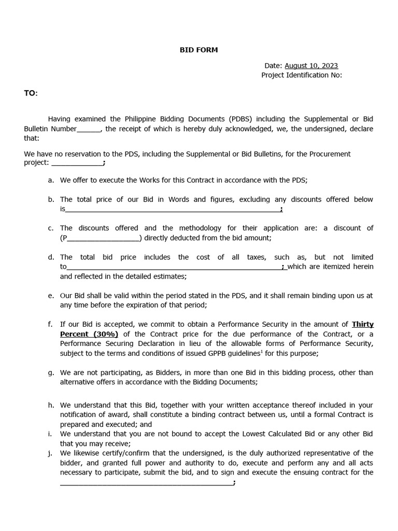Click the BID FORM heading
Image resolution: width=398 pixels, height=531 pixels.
pyautogui.click(x=198, y=50)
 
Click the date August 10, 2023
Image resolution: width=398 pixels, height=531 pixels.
pyautogui.click(x=311, y=66)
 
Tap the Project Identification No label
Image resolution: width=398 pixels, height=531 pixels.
pyautogui.click(x=301, y=75)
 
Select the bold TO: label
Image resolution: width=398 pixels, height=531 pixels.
pyautogui.click(x=31, y=93)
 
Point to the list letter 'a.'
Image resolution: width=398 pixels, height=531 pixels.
pyautogui.click(x=51, y=180)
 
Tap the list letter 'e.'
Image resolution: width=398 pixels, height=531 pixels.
pyautogui.click(x=51, y=296)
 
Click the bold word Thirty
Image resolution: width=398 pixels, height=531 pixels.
pyautogui.click(x=362, y=325)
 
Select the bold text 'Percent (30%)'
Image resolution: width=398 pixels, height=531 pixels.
pyautogui.click(x=89, y=334)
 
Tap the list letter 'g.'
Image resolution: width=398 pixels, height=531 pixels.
pyautogui.click(x=51, y=372)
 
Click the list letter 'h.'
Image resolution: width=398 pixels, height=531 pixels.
pyautogui.click(x=51, y=406)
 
